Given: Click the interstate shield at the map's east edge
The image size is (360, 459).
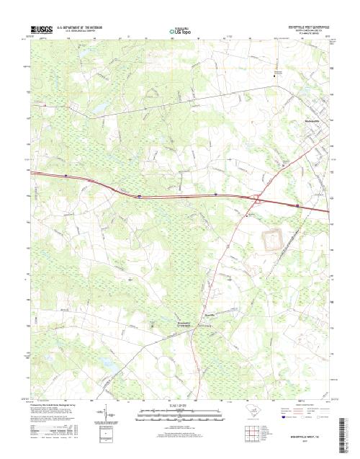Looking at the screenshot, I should (297, 205).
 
